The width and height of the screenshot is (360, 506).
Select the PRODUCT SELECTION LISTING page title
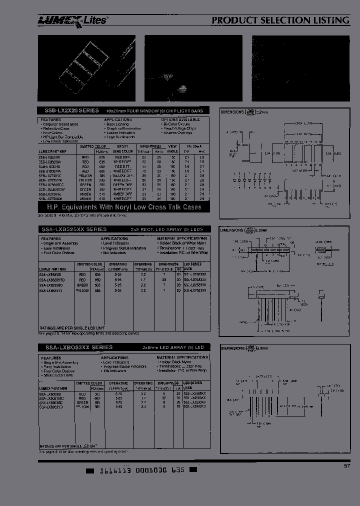tap(280, 20)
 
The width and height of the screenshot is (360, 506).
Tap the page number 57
tap(347, 466)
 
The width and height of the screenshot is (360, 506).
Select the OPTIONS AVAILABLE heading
tap(180, 120)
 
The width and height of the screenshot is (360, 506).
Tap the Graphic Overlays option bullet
tap(177, 132)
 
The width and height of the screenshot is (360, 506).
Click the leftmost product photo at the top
tap(86, 68)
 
